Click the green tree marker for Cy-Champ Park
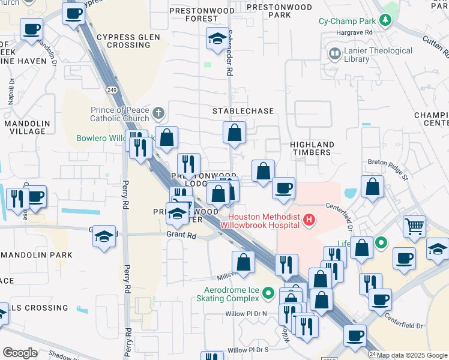tap(385, 21)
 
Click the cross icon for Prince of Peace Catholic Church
tap(158, 113)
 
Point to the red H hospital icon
tap(309, 220)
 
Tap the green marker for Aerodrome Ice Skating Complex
tap(269, 293)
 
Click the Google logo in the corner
tap(20, 352)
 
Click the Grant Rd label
tap(181, 236)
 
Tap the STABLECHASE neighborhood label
tap(243, 111)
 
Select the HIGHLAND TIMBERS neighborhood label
tap(312, 148)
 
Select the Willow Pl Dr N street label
tap(246, 314)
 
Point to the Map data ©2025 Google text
tap(412, 355)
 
